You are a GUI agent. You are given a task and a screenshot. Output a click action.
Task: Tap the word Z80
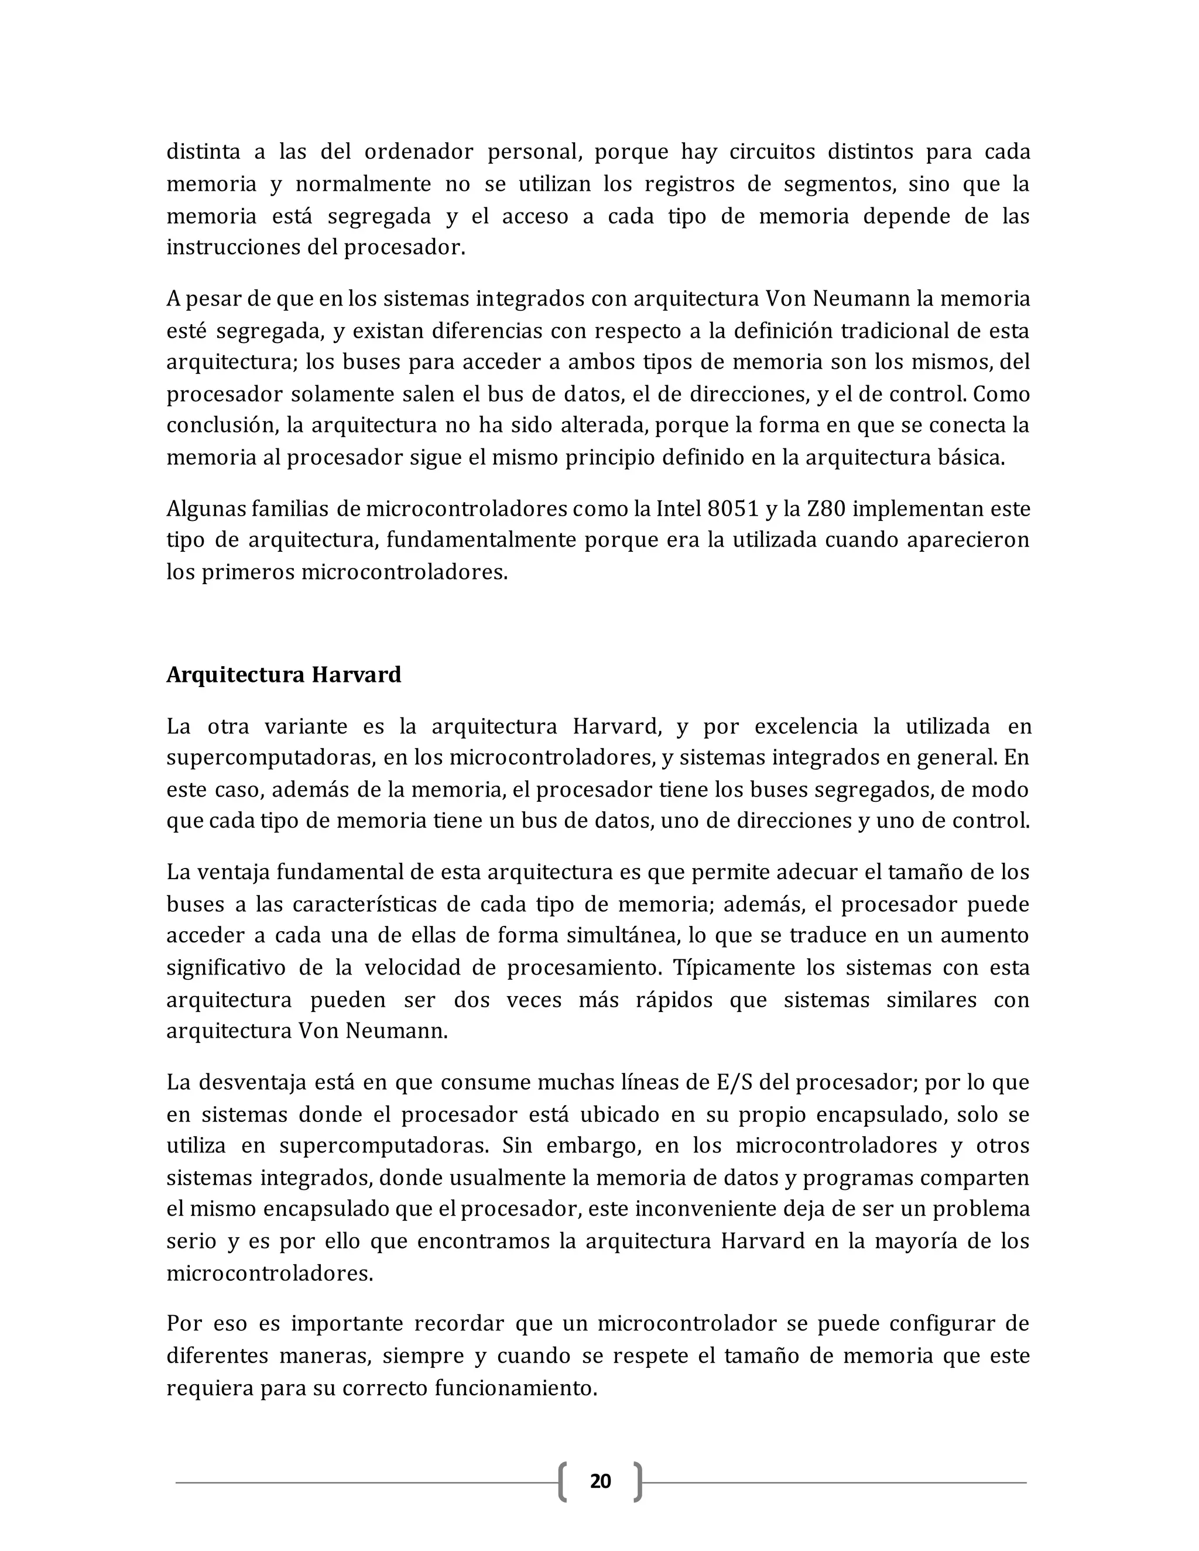(x=826, y=509)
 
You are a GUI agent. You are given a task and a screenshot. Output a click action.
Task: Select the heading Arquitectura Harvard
(x=283, y=674)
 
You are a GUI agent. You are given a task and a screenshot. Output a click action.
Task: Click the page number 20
(x=600, y=1481)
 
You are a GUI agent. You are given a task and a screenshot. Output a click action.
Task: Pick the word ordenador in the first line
(x=419, y=152)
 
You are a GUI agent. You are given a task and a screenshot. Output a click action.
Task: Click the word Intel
(x=679, y=509)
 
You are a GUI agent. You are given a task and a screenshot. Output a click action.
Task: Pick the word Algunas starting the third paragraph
(x=206, y=509)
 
